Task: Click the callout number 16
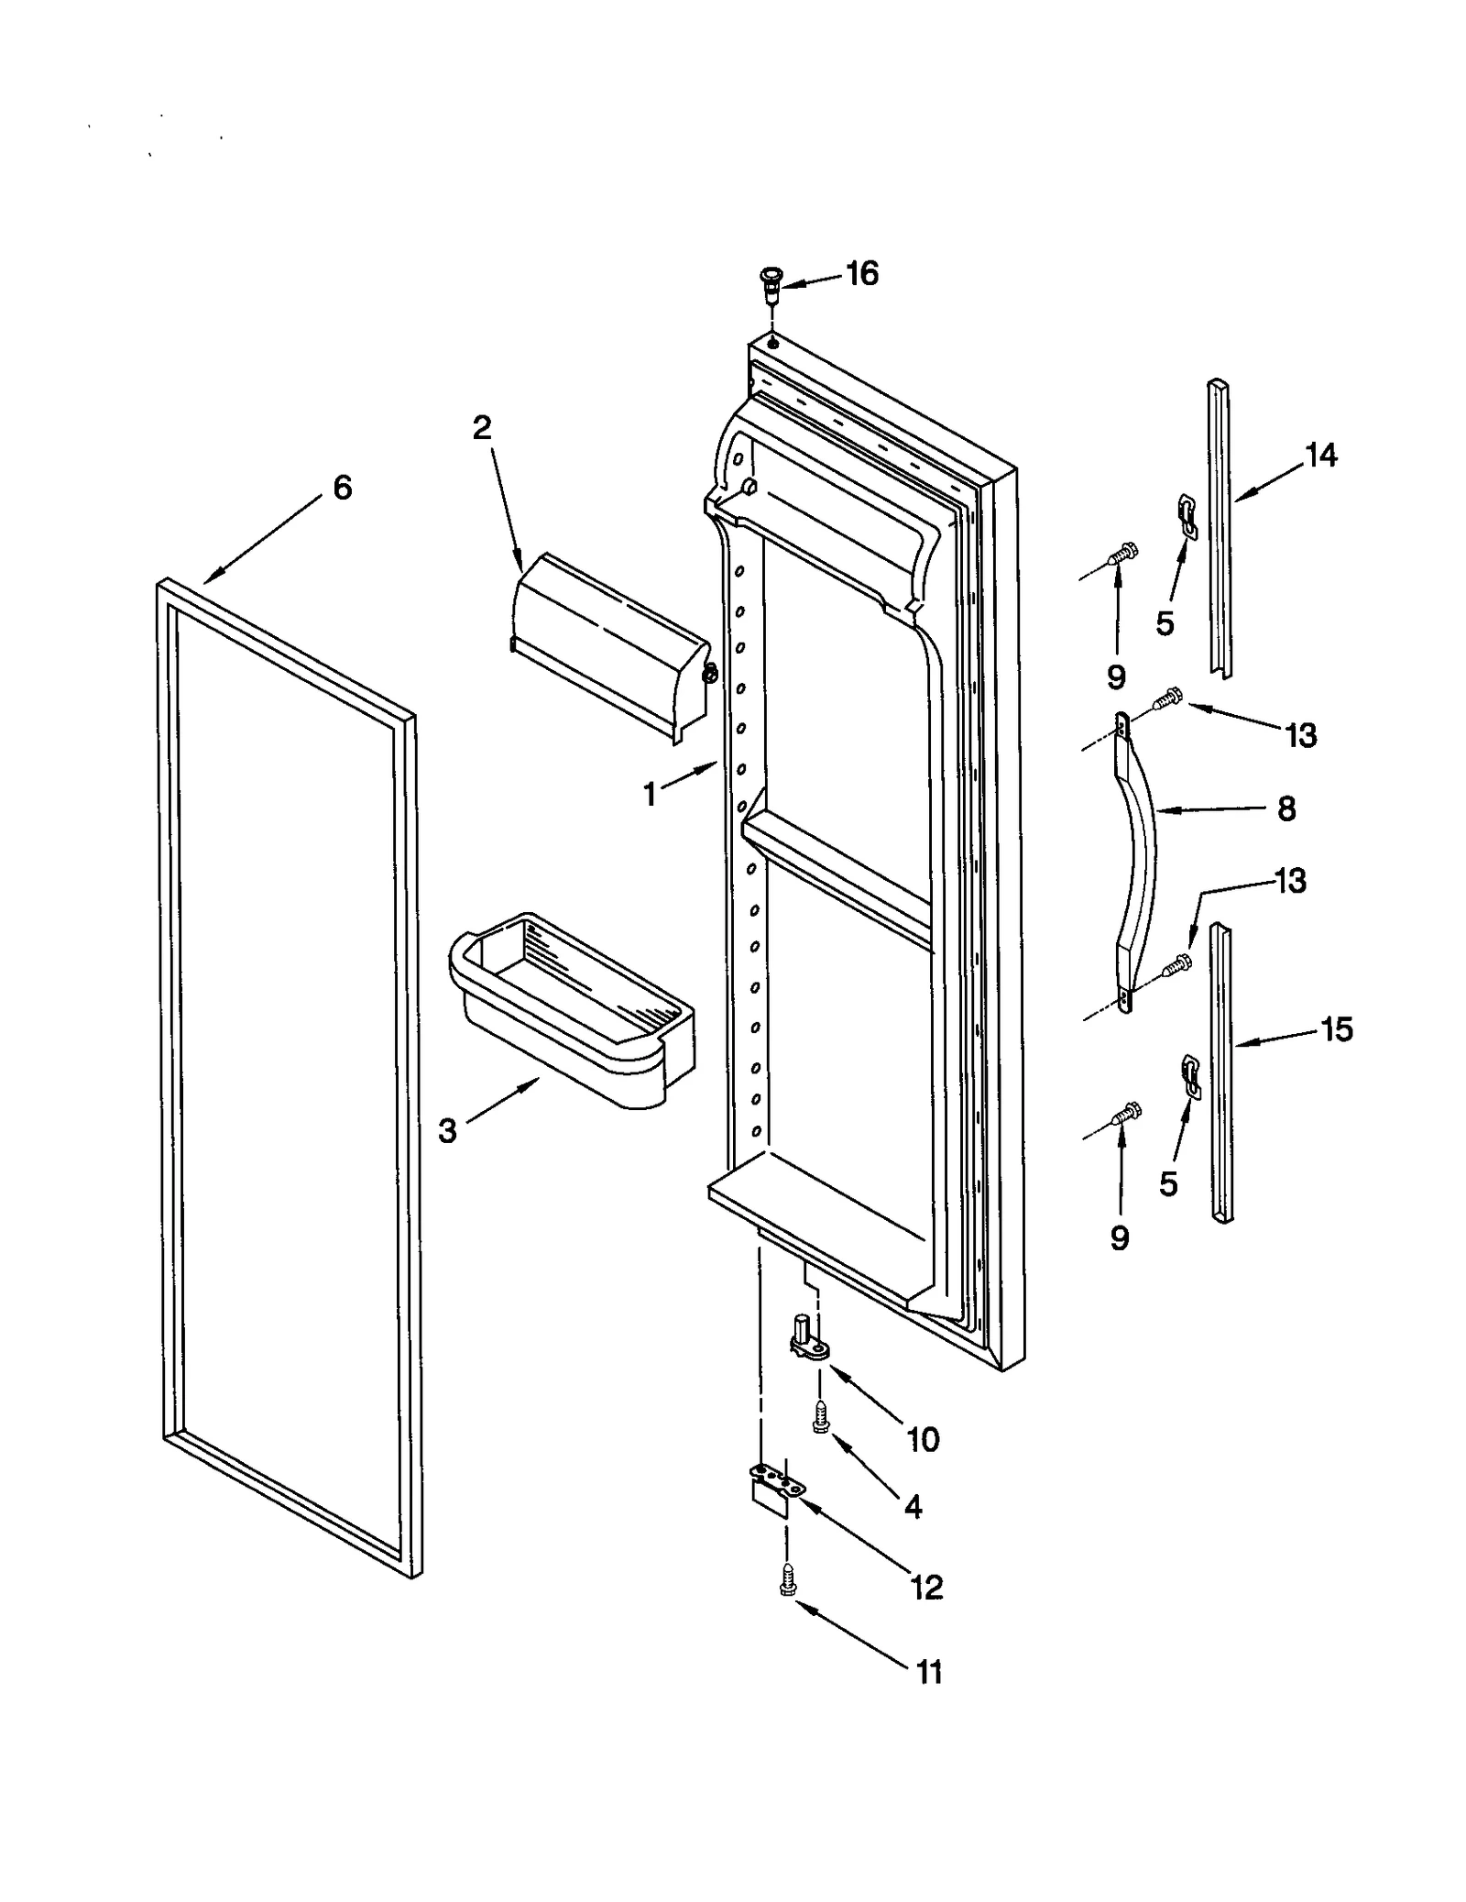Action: [861, 273]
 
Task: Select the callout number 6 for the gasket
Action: [342, 488]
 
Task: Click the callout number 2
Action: [482, 427]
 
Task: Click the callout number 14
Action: [1320, 455]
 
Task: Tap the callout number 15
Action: [1337, 1029]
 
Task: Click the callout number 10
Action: [923, 1440]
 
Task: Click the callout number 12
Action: [926, 1587]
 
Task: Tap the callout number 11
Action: [928, 1673]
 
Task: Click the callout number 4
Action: [913, 1507]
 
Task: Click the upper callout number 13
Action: [1301, 734]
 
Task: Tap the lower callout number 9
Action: [1120, 1239]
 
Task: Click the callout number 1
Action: [650, 794]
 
